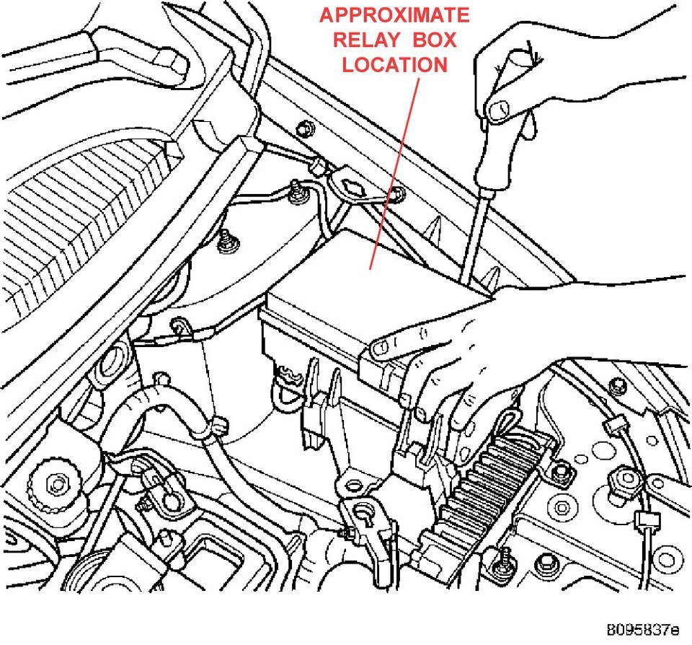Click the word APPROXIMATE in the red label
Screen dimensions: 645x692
[394, 15]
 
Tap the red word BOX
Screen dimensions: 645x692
[430, 40]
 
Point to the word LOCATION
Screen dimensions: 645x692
[394, 64]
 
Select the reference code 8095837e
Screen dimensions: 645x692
[642, 627]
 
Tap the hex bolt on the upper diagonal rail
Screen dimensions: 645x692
[303, 130]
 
